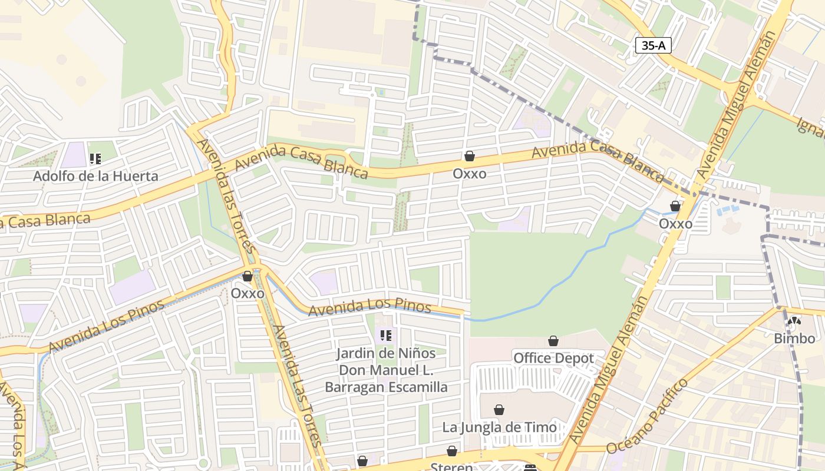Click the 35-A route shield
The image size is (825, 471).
(654, 45)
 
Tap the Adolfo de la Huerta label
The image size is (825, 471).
(95, 175)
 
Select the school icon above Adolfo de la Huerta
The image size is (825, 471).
(95, 158)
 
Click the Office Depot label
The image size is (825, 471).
(553, 358)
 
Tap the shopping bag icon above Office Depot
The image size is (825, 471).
(553, 341)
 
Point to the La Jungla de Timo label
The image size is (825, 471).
(500, 427)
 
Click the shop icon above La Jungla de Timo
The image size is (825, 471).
(499, 410)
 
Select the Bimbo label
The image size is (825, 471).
(794, 338)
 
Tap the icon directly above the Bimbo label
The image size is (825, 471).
(794, 321)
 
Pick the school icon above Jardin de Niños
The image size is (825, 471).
(386, 336)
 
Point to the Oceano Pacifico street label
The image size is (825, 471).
(647, 417)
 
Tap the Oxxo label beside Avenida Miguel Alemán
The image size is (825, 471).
(675, 224)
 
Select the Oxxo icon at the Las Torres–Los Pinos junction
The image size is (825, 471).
(247, 276)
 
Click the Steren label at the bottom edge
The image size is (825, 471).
(451, 467)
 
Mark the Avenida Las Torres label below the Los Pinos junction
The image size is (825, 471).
(298, 386)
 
